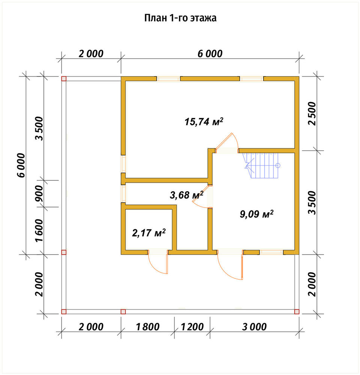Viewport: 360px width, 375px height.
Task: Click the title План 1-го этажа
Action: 180,18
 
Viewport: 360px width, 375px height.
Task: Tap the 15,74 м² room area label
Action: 204,121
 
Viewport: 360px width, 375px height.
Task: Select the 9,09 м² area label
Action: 256,214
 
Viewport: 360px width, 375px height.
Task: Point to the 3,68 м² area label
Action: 187,195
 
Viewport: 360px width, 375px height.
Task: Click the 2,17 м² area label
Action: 149,232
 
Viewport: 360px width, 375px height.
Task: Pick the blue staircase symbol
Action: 261,165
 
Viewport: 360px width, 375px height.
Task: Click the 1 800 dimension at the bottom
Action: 148,327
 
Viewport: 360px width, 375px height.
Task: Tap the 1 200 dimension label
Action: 192,327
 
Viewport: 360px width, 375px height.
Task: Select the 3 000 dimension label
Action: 254,327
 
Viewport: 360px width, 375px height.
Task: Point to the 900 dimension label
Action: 39,193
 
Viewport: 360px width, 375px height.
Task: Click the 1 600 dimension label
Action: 39,230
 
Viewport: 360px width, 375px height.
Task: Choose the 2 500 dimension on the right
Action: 312,114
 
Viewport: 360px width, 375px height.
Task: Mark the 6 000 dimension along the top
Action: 210,54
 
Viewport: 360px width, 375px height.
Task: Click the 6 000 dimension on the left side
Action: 21,165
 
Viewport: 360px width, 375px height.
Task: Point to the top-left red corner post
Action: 64,79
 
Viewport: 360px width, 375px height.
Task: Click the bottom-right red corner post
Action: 297,311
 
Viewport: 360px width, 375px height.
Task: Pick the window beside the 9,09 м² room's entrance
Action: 271,252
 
